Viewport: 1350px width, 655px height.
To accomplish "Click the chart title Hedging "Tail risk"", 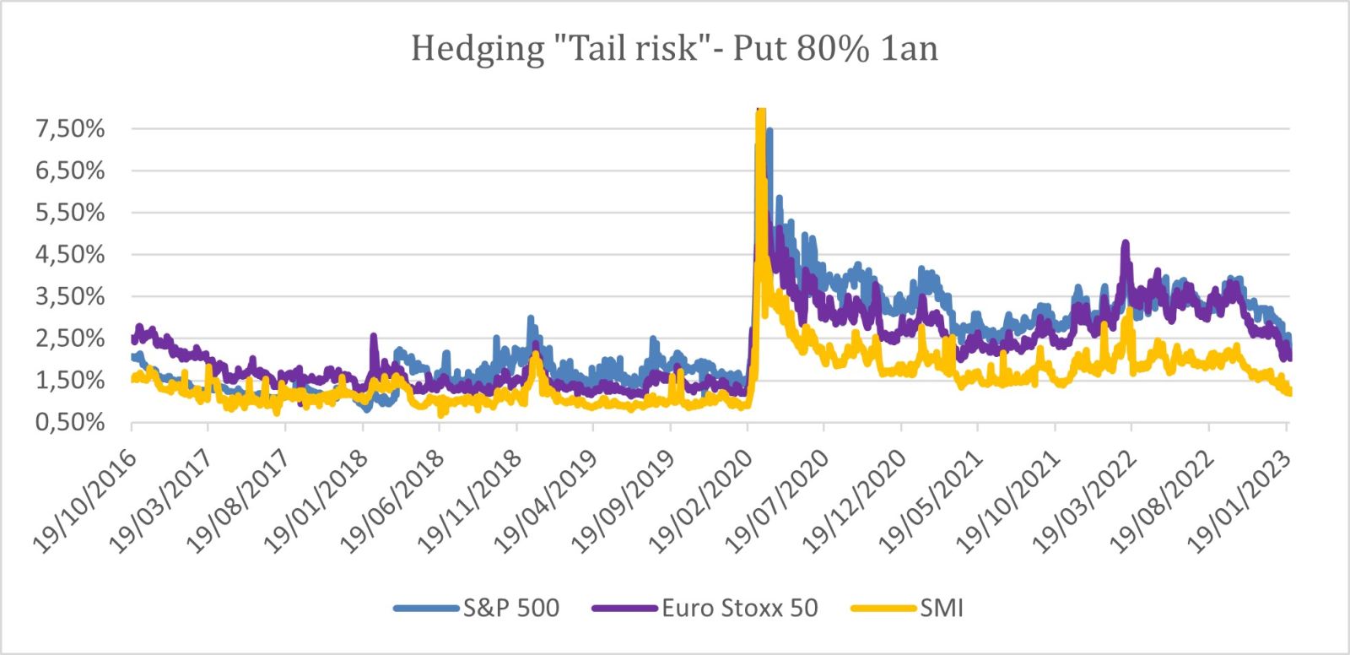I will coord(557,48).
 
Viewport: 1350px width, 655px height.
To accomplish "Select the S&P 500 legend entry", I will coord(510,608).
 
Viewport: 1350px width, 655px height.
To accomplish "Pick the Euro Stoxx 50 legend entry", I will coord(739,608).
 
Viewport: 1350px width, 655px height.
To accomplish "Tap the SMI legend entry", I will coord(941,608).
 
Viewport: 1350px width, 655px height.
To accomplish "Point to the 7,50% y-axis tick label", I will coord(70,129).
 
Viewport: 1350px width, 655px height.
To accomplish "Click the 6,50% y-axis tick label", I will coord(70,171).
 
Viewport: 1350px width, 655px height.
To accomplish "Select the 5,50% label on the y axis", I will coord(70,213).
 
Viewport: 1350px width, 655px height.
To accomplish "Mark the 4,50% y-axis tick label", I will coord(70,255).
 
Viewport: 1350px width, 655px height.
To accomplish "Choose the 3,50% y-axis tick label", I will coord(70,296).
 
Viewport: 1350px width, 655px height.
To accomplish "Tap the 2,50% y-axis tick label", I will coord(70,338).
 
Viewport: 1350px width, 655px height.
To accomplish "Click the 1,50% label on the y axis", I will coord(70,380).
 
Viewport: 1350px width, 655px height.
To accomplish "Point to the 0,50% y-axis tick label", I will coord(70,422).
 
